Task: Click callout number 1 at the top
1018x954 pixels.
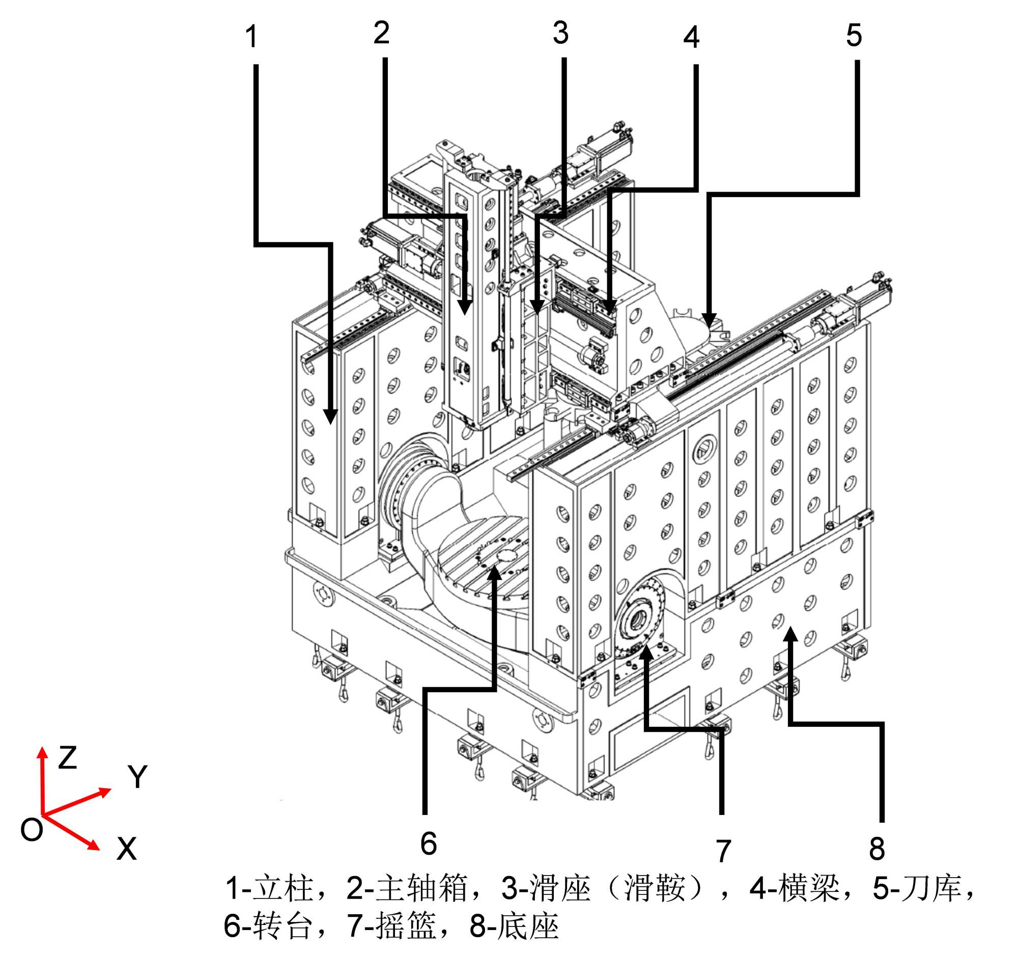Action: (x=251, y=37)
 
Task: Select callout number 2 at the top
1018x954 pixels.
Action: (x=381, y=33)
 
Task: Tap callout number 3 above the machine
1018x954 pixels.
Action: (x=561, y=33)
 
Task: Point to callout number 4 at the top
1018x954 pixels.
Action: (x=691, y=37)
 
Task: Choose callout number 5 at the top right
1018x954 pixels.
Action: (x=854, y=35)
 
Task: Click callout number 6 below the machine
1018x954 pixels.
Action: (x=429, y=844)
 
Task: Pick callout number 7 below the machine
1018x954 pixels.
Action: (x=723, y=851)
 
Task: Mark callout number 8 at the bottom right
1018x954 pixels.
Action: (x=877, y=849)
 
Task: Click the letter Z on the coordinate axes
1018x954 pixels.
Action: (x=67, y=757)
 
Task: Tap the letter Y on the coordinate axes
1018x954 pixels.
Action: (x=137, y=777)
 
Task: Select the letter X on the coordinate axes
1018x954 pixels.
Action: (x=126, y=850)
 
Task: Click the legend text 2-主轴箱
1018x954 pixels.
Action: (x=407, y=888)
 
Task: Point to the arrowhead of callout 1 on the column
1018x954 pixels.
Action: (x=331, y=417)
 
